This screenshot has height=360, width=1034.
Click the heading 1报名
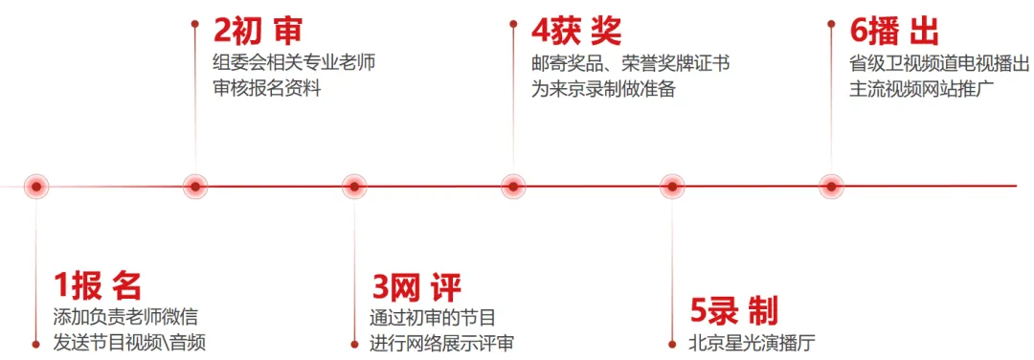pyautogui.click(x=98, y=285)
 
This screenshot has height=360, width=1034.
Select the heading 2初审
pyautogui.click(x=258, y=31)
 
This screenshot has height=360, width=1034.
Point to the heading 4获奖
pyautogui.click(x=576, y=31)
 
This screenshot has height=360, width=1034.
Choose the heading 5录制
pyautogui.click(x=734, y=310)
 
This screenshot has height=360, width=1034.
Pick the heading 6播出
pyautogui.click(x=894, y=31)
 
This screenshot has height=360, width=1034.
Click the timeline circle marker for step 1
pyautogui.click(x=36, y=187)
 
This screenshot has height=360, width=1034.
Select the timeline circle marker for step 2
pyautogui.click(x=195, y=187)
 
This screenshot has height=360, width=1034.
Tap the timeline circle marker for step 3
pyautogui.click(x=354, y=187)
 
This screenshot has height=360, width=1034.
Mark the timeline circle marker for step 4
pyautogui.click(x=513, y=187)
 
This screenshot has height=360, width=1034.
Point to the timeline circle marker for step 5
pyautogui.click(x=672, y=187)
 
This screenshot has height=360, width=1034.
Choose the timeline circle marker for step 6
pyautogui.click(x=831, y=187)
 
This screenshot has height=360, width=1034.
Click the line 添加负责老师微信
pyautogui.click(x=124, y=318)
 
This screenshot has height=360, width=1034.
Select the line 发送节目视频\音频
pyautogui.click(x=129, y=343)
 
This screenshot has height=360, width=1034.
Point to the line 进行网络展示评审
pyautogui.click(x=441, y=343)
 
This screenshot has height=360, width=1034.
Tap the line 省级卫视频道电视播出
pyautogui.click(x=939, y=64)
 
